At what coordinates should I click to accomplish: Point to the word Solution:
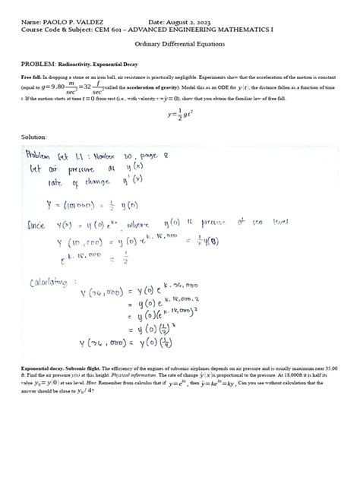point(34,137)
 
